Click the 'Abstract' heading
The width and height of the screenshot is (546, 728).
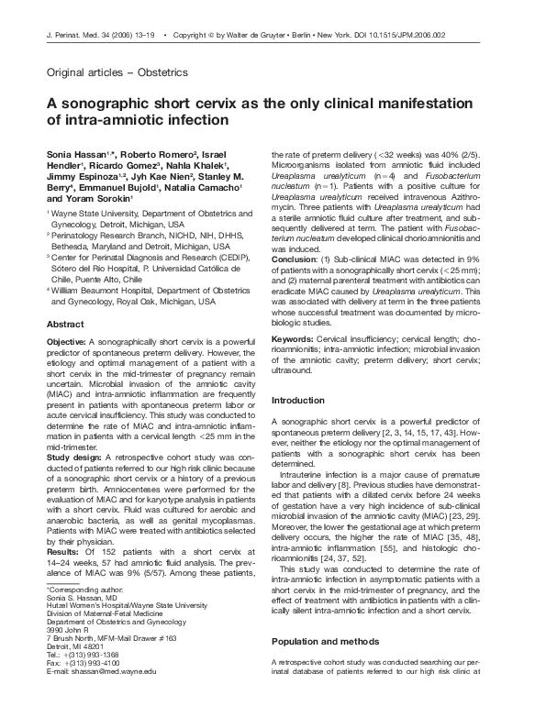66,325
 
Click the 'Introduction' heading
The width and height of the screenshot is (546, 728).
298,401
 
